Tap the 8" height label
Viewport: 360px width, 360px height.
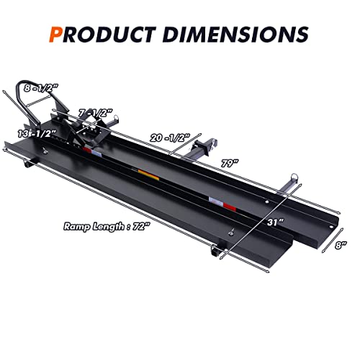[x=341, y=246]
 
